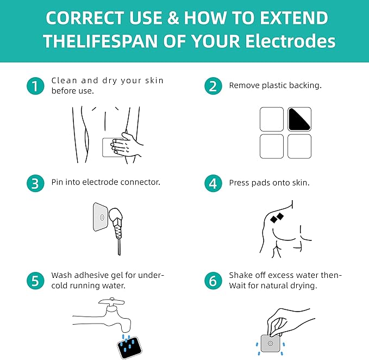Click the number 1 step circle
click(x=35, y=86)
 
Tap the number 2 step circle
click(x=213, y=86)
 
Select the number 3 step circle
click(x=35, y=183)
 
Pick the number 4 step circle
click(x=213, y=183)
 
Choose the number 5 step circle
click(x=35, y=281)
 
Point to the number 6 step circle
click(x=213, y=281)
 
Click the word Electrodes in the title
click(x=290, y=41)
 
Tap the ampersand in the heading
click(x=173, y=18)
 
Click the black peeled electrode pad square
click(x=299, y=119)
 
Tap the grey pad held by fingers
click(x=271, y=343)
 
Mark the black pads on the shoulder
click(x=277, y=218)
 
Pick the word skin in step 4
click(x=301, y=183)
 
